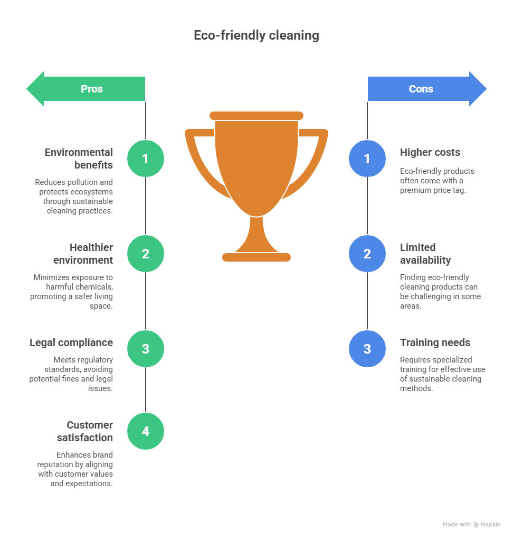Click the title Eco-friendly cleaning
pyautogui.click(x=256, y=35)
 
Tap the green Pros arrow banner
pyautogui.click(x=86, y=89)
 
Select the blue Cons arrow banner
pyautogui.click(x=427, y=89)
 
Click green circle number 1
pyautogui.click(x=146, y=159)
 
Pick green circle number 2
pyautogui.click(x=146, y=254)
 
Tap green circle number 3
pyautogui.click(x=146, y=349)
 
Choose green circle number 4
pyautogui.click(x=146, y=431)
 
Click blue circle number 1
pyautogui.click(x=367, y=159)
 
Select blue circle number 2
pyautogui.click(x=367, y=254)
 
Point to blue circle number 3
pyautogui.click(x=367, y=349)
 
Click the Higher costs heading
pyautogui.click(x=430, y=152)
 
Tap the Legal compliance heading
pyautogui.click(x=71, y=343)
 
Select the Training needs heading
pyautogui.click(x=435, y=343)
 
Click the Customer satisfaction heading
pyautogui.click(x=85, y=431)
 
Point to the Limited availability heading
pyautogui.click(x=425, y=254)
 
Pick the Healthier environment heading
pyautogui.click(x=83, y=254)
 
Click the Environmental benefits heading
pyautogui.click(x=79, y=159)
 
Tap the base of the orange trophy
pyautogui.click(x=256, y=257)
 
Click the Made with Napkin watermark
pyautogui.click(x=471, y=524)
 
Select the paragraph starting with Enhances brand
pyautogui.click(x=75, y=469)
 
